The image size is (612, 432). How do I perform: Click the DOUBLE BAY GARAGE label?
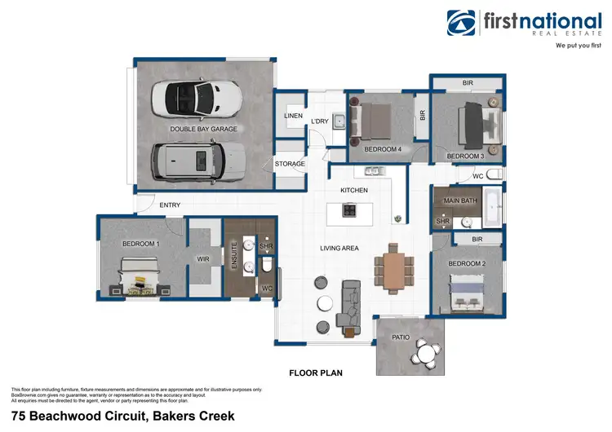point(203,130)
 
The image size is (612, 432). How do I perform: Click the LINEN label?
point(293,116)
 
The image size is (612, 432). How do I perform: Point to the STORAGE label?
point(290,164)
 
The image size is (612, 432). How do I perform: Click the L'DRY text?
point(320,121)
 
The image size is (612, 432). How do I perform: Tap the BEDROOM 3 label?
point(465,156)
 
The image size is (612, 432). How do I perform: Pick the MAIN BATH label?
point(459,201)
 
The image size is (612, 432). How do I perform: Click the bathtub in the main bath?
point(494,208)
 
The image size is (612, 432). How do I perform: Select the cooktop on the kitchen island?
point(349,210)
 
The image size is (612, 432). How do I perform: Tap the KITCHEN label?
point(354,190)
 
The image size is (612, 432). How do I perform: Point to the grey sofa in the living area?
point(352,302)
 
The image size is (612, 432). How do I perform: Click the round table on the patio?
point(423,351)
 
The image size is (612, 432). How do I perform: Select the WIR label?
point(204,259)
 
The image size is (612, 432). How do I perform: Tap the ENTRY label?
point(170,205)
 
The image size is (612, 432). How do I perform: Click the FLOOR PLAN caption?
point(316,373)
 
